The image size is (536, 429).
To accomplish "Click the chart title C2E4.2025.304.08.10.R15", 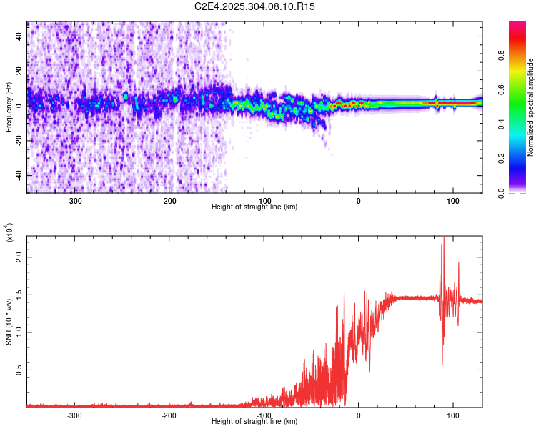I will (x=255, y=6).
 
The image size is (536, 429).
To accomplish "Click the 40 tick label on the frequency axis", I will (x=19, y=36).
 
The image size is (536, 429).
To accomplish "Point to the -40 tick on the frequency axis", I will (x=19, y=174).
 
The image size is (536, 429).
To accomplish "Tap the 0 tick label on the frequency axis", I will (x=19, y=105).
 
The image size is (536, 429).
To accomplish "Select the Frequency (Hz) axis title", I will (x=9, y=107).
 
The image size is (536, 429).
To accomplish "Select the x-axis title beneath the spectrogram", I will (x=254, y=207).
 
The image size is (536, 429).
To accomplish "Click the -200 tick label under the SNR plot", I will (x=169, y=415).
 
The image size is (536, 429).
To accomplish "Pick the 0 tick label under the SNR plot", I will (x=358, y=415).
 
